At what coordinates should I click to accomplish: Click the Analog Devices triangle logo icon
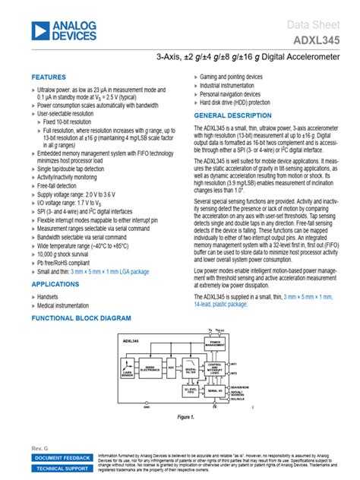[x=39, y=30]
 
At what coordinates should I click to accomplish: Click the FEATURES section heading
[x=49, y=77]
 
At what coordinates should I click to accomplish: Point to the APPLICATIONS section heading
[x=55, y=283]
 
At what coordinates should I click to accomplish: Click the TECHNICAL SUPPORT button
[x=62, y=469]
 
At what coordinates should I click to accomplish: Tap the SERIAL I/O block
[x=216, y=390]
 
